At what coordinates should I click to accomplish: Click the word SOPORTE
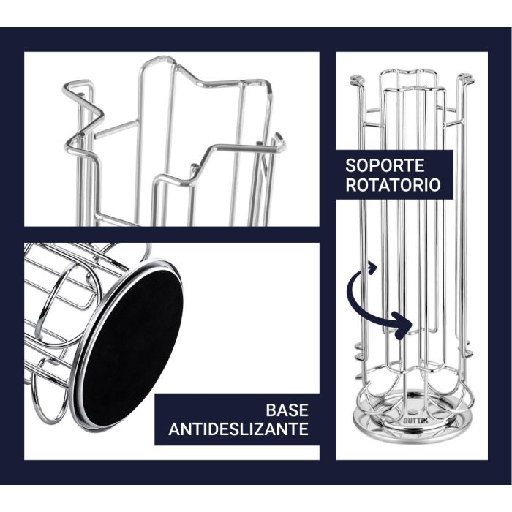click(x=385, y=165)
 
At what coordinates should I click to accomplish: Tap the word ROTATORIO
click(x=394, y=185)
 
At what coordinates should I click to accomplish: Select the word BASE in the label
click(x=287, y=410)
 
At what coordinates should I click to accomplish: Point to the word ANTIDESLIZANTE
click(x=238, y=429)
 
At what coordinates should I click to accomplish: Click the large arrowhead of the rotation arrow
click(x=402, y=326)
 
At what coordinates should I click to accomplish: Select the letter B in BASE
click(x=271, y=410)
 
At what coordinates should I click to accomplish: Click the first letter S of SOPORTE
click(x=350, y=165)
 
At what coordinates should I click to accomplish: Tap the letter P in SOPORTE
click(x=375, y=165)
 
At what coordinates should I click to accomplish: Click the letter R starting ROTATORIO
click(x=351, y=185)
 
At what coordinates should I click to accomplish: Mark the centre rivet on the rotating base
click(x=411, y=411)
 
